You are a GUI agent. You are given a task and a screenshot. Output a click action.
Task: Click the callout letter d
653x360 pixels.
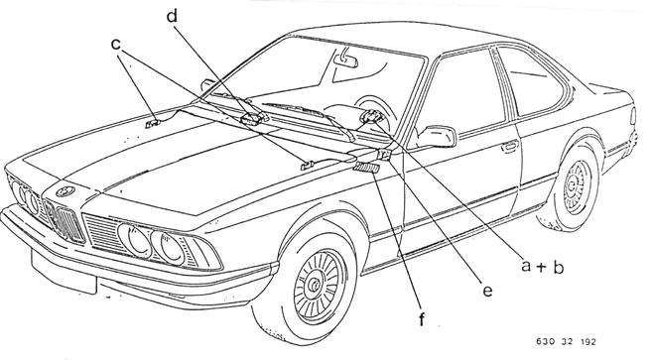(x=172, y=17)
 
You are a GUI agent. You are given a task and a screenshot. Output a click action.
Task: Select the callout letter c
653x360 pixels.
(x=116, y=44)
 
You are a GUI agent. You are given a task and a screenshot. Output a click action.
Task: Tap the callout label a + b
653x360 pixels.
(x=543, y=266)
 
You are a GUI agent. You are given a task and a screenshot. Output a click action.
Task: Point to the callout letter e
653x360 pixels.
(x=487, y=291)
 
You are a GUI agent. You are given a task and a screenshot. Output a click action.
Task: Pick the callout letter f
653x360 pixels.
(x=422, y=319)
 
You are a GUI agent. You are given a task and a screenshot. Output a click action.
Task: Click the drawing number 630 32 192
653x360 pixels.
(x=566, y=342)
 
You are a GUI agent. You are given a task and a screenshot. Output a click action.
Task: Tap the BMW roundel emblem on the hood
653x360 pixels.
(x=65, y=191)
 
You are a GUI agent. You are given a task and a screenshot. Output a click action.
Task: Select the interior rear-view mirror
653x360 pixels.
(x=345, y=61)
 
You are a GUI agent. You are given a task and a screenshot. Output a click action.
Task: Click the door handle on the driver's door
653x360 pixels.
(x=510, y=147)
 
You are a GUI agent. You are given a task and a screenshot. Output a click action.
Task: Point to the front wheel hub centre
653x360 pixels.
(x=314, y=286)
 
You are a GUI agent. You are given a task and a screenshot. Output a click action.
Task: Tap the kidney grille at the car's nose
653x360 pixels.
(x=65, y=219)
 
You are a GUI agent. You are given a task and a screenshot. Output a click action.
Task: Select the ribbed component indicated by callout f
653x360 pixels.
(x=366, y=168)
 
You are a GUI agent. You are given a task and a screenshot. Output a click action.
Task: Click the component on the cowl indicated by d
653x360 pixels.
(x=252, y=119)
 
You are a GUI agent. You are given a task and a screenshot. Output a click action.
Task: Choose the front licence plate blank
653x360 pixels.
(x=64, y=273)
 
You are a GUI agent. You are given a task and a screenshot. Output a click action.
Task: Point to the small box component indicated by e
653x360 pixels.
(x=384, y=155)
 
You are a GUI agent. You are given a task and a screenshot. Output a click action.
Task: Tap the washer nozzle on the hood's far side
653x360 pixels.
(x=153, y=124)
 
